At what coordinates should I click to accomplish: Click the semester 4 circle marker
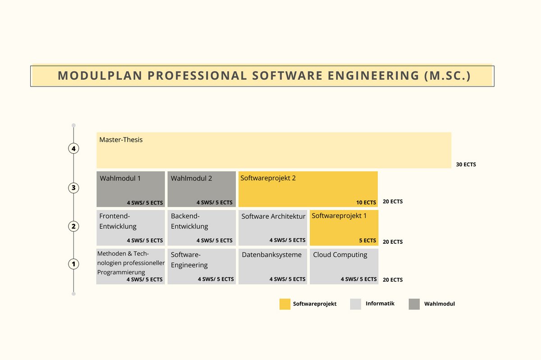click(x=73, y=148)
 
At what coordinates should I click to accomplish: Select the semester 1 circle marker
click(x=73, y=264)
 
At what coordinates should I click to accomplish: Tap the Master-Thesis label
click(x=121, y=140)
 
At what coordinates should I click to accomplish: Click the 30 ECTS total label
click(x=466, y=164)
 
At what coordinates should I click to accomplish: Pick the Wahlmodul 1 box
click(x=130, y=189)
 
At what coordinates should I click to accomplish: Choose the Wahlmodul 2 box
click(x=202, y=189)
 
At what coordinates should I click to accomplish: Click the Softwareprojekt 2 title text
click(x=268, y=178)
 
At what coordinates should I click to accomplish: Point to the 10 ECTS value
click(x=366, y=202)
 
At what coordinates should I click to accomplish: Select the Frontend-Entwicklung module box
click(x=130, y=228)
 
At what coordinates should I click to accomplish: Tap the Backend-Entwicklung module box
click(x=202, y=228)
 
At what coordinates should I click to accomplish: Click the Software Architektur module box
click(x=273, y=228)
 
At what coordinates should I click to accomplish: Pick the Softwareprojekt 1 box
click(x=344, y=228)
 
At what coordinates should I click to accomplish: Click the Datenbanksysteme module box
click(x=273, y=266)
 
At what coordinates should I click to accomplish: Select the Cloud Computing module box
click(x=344, y=266)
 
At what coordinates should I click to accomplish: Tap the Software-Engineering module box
click(x=202, y=266)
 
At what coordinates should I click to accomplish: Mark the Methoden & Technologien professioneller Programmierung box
click(x=130, y=266)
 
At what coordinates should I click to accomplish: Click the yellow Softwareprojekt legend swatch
click(x=285, y=304)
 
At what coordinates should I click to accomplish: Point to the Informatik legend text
click(x=380, y=304)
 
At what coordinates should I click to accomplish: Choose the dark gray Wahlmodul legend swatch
click(x=414, y=304)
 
